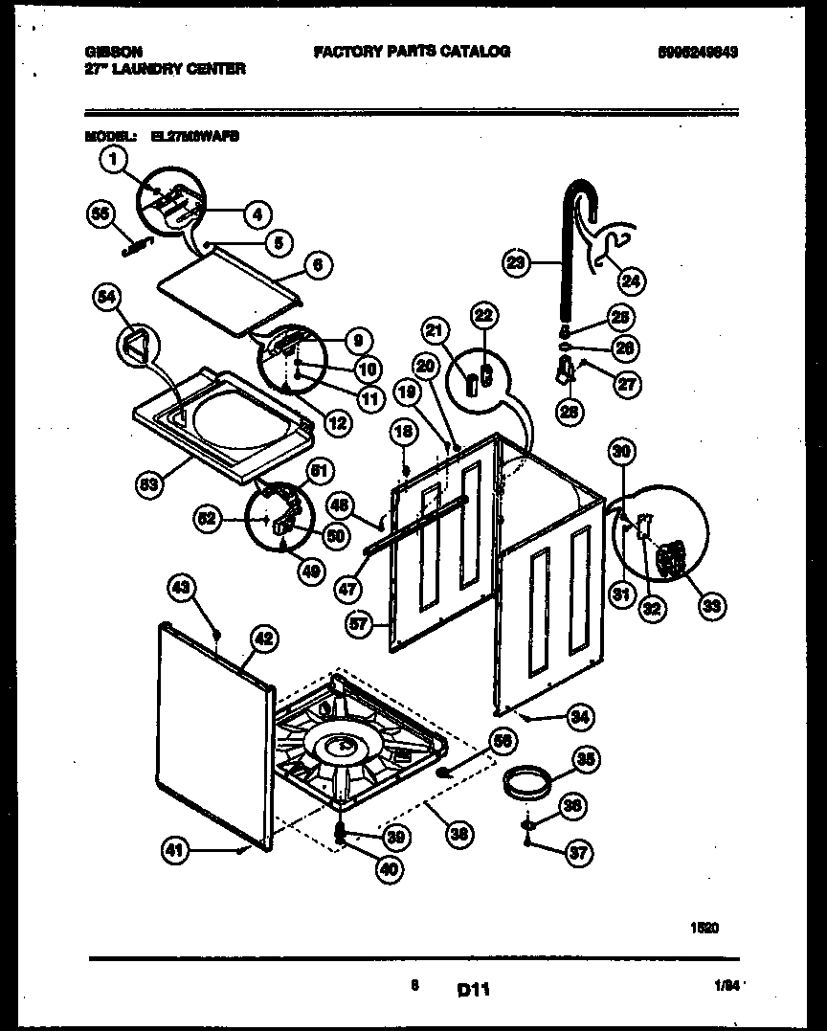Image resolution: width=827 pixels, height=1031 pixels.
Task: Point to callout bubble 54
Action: pos(106,300)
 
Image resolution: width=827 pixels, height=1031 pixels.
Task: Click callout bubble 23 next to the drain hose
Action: pos(516,263)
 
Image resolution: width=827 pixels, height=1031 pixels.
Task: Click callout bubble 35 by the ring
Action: pos(587,760)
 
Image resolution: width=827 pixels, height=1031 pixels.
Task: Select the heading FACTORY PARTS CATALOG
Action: pos(412,51)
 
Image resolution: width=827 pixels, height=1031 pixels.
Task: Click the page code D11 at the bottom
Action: pos(473,991)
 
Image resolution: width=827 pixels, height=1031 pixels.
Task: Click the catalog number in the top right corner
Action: pos(698,52)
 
